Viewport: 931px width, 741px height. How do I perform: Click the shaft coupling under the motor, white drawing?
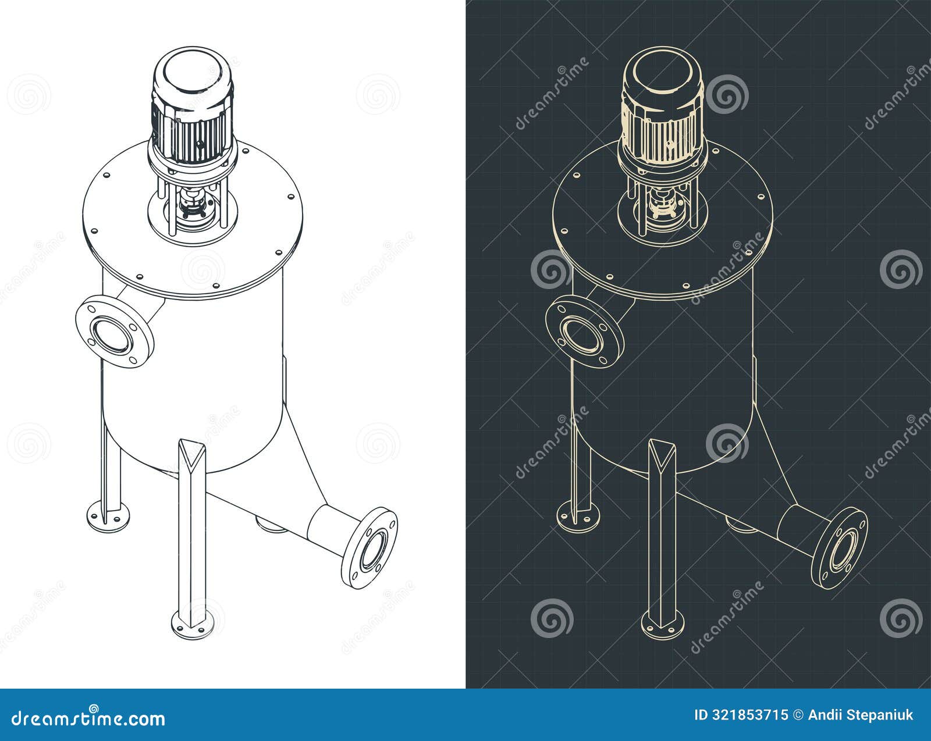coord(192,205)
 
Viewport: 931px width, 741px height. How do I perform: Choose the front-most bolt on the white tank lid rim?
coord(216,286)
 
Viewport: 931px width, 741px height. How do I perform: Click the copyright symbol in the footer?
coord(799,715)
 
